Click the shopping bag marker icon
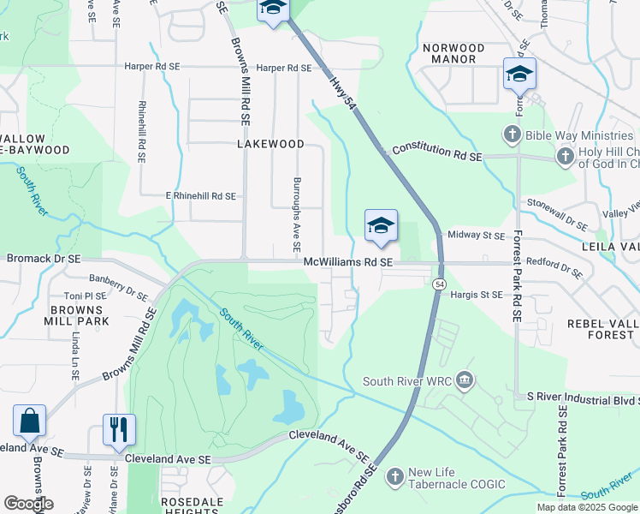[x=29, y=422]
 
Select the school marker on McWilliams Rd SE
[x=381, y=226]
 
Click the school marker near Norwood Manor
[x=519, y=75]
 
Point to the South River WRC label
[x=406, y=381]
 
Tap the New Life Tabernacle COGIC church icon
[x=394, y=475]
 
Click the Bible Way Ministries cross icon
[x=512, y=134]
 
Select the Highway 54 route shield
[x=439, y=284]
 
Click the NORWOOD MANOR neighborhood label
[x=453, y=54]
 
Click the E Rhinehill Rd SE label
[x=200, y=196]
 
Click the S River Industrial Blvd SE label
[x=583, y=398]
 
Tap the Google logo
[x=28, y=504]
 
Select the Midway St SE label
[x=477, y=235]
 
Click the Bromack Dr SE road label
[x=44, y=258]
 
